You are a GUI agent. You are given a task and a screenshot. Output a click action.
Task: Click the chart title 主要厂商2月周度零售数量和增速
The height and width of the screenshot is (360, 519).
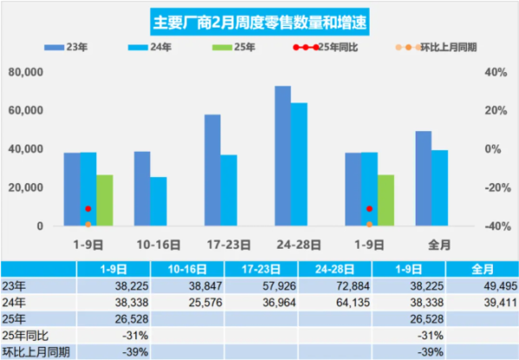(x=259, y=21)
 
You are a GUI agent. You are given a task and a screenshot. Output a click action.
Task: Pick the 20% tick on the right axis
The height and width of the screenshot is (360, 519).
(x=493, y=110)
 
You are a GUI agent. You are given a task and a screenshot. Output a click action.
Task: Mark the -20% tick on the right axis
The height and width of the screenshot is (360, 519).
(x=493, y=188)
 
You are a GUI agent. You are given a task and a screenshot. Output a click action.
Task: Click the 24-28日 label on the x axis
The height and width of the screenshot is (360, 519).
(x=298, y=244)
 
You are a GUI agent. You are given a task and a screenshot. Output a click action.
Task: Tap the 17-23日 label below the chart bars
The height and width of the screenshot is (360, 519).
(x=227, y=244)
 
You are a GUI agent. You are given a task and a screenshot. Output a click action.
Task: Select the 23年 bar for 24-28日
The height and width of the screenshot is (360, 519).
(x=282, y=156)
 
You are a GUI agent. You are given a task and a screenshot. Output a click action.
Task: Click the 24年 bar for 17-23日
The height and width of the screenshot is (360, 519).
(x=228, y=191)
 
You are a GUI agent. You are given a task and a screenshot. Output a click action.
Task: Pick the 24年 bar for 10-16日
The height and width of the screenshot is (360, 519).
(x=158, y=201)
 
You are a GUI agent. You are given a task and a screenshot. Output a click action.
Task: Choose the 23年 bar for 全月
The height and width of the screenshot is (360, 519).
(x=424, y=179)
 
